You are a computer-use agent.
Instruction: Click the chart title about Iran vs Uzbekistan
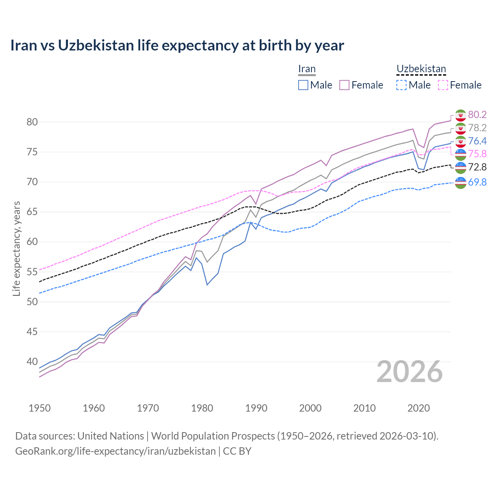click(177, 45)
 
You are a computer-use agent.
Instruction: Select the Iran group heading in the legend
click(307, 69)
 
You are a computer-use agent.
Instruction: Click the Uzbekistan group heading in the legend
click(421, 69)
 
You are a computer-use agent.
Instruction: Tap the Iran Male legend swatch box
click(303, 85)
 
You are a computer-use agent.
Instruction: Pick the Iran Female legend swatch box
click(344, 85)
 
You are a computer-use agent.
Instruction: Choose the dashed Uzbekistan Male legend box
click(401, 85)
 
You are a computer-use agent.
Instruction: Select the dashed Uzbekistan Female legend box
click(443, 85)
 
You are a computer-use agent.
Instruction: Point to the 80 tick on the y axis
click(32, 122)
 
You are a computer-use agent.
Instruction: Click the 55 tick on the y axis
click(32, 272)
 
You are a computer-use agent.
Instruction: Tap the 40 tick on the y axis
click(32, 361)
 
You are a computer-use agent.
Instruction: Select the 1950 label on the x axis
click(40, 408)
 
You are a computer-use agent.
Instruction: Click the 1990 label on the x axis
click(256, 408)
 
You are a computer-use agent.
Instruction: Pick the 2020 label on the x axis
click(419, 408)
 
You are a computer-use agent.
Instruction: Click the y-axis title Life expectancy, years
click(16, 248)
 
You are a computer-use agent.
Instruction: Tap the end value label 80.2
click(477, 115)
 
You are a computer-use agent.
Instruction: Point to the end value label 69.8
click(477, 182)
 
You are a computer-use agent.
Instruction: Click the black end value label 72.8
click(477, 167)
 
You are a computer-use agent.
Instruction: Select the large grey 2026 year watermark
click(410, 372)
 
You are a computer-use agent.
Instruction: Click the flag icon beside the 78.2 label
click(461, 128)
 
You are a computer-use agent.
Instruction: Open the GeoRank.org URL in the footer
click(115, 451)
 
